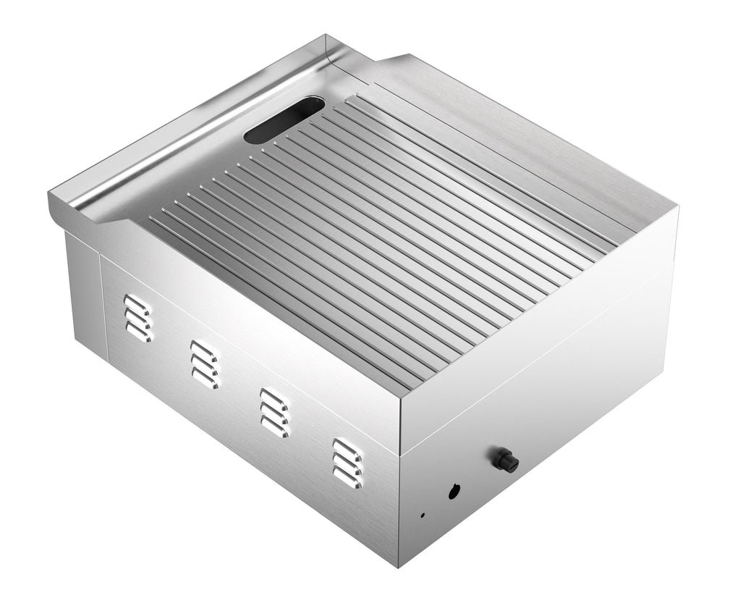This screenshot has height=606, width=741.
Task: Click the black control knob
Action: click(x=506, y=459)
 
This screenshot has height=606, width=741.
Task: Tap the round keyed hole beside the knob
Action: click(x=454, y=491)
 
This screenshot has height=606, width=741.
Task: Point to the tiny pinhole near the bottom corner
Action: click(x=423, y=515)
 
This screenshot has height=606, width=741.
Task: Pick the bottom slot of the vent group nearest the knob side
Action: click(x=347, y=478)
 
